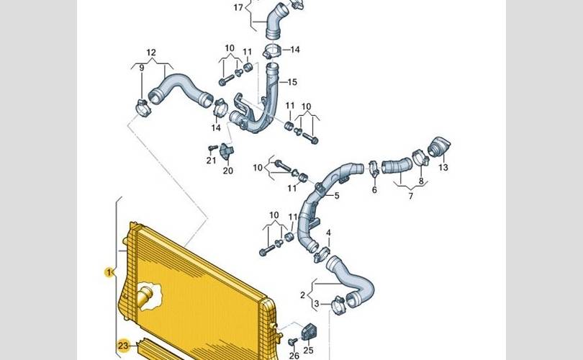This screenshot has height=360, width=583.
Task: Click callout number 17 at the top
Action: point(238,8)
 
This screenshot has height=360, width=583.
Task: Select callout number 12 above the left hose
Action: point(151,53)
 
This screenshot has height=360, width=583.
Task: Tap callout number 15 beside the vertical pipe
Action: point(292,82)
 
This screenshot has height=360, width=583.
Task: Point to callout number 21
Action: point(211,160)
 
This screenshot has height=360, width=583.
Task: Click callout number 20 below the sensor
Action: point(228,171)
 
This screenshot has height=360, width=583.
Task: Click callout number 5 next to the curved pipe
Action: point(336,195)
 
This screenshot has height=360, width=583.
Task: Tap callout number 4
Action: point(328,233)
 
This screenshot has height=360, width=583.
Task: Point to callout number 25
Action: point(309,350)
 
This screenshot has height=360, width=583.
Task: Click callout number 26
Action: point(294,355)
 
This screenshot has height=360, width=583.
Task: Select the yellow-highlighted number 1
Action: point(109,272)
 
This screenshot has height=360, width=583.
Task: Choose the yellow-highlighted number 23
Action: point(122,344)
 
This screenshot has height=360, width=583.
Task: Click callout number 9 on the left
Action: point(142,68)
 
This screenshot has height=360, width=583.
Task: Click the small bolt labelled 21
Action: point(211,146)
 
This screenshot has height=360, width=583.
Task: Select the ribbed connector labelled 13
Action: point(438,146)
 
